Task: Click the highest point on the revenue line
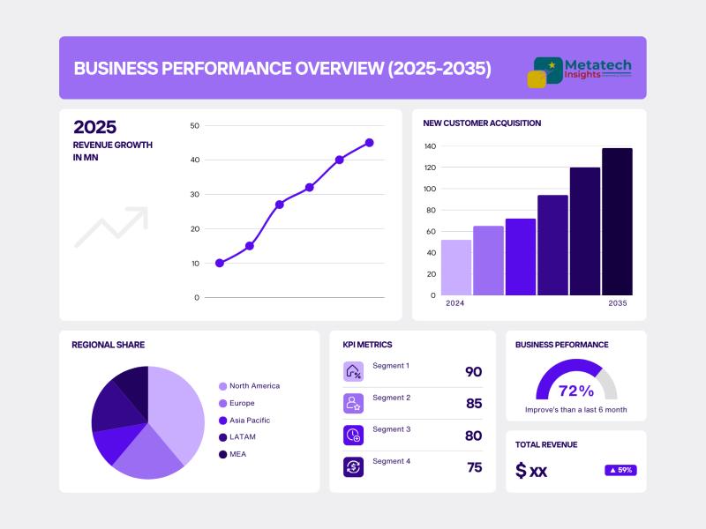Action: click(x=369, y=142)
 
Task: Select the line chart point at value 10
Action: click(x=220, y=263)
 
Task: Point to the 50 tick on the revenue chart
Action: click(x=194, y=126)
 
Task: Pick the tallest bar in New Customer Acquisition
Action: click(x=617, y=220)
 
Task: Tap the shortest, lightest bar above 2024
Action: click(x=455, y=267)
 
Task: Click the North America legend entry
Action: click(x=254, y=386)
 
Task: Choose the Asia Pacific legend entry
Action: click(x=249, y=421)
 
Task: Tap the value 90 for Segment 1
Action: click(x=474, y=372)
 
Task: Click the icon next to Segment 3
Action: click(x=353, y=435)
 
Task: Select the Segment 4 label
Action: click(x=391, y=461)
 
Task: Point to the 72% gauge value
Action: click(x=576, y=391)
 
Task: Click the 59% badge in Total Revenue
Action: click(x=620, y=470)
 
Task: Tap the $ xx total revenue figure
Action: click(x=531, y=471)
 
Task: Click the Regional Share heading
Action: click(x=108, y=345)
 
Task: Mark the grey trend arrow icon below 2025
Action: click(x=111, y=227)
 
